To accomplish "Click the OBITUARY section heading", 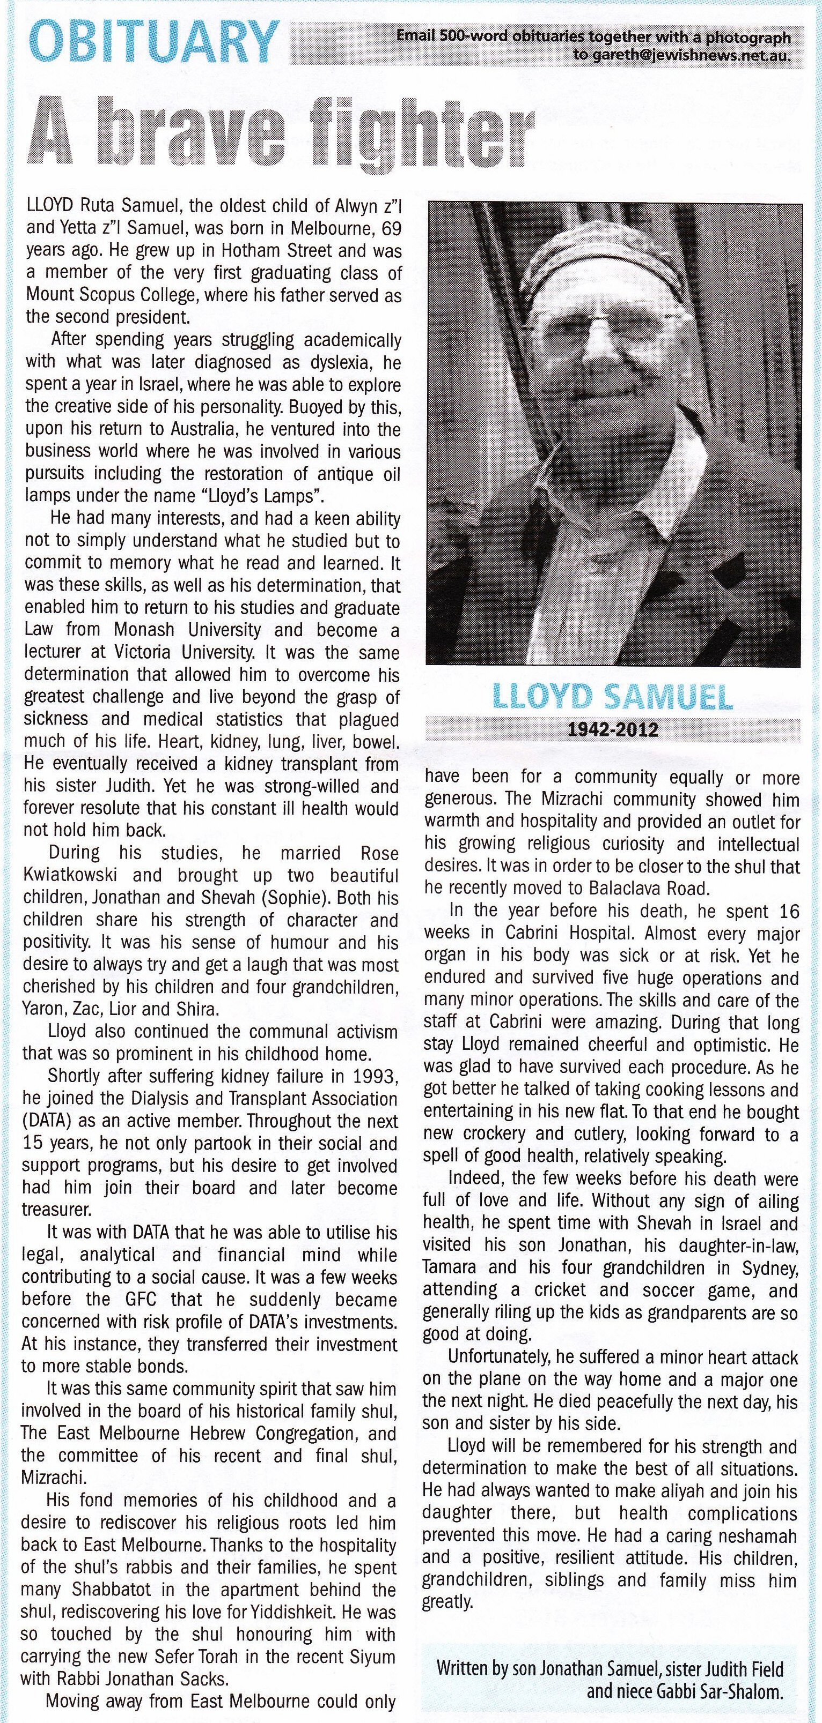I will coord(154,40).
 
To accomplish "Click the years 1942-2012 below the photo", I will coord(613,729).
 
